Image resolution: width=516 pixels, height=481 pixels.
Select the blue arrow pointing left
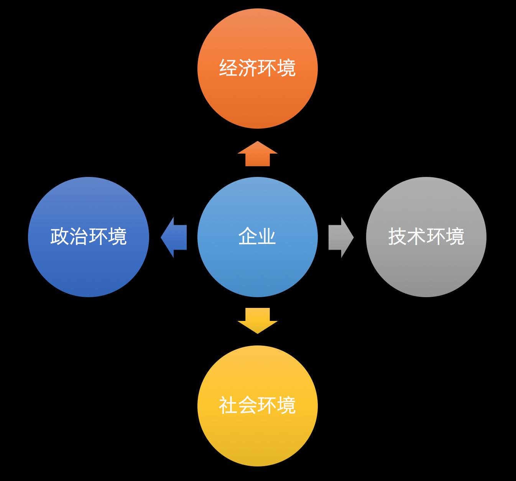pyautogui.click(x=174, y=237)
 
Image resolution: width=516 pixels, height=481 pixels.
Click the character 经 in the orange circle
pyautogui.click(x=228, y=68)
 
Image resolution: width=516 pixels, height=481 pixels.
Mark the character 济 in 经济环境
pyautogui.click(x=248, y=68)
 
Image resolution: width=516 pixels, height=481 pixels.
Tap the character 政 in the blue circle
pyautogui.click(x=60, y=236)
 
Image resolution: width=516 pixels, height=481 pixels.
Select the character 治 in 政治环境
pyautogui.click(x=79, y=236)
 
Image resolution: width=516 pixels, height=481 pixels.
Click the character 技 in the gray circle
pyautogui.click(x=398, y=236)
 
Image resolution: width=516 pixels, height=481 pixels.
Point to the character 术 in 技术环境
pyautogui.click(x=417, y=236)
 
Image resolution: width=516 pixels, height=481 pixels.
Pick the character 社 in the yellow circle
pyautogui.click(x=228, y=405)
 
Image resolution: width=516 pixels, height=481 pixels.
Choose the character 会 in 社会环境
pyautogui.click(x=248, y=405)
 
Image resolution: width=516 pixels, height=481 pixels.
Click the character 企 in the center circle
pyautogui.click(x=248, y=236)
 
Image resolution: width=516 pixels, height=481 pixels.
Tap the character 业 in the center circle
pyautogui.click(x=267, y=236)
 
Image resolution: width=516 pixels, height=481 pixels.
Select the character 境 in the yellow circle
pyautogui.click(x=286, y=405)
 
